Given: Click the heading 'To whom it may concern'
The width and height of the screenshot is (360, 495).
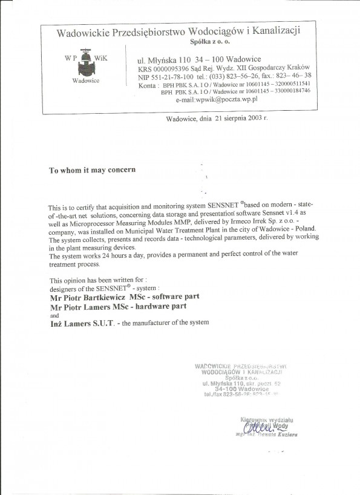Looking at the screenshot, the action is [92, 170].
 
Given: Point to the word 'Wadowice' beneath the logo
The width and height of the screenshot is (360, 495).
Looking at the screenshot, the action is [86, 80].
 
